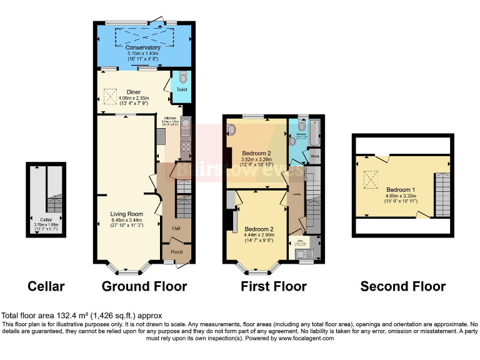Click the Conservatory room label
click(x=143, y=47)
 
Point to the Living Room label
click(x=127, y=214)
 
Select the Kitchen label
click(x=171, y=117)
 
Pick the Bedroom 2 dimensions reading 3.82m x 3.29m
click(x=256, y=159)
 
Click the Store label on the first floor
click(x=315, y=156)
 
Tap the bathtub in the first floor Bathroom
click(x=314, y=132)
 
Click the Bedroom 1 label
click(x=399, y=189)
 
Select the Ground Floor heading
click(x=144, y=286)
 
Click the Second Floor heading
click(x=403, y=286)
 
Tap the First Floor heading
click(x=274, y=286)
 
